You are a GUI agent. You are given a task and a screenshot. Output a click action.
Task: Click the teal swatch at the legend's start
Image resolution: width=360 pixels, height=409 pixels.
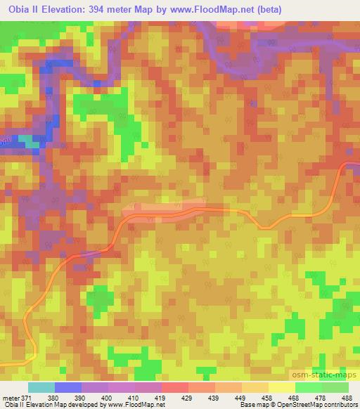[41, 387]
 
